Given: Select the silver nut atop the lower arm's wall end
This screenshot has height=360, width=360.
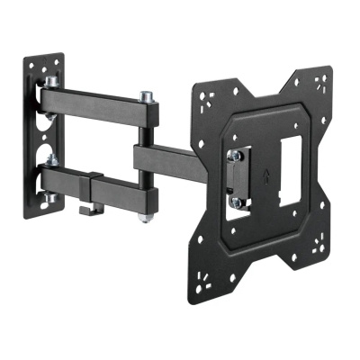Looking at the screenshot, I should click(x=53, y=161).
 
